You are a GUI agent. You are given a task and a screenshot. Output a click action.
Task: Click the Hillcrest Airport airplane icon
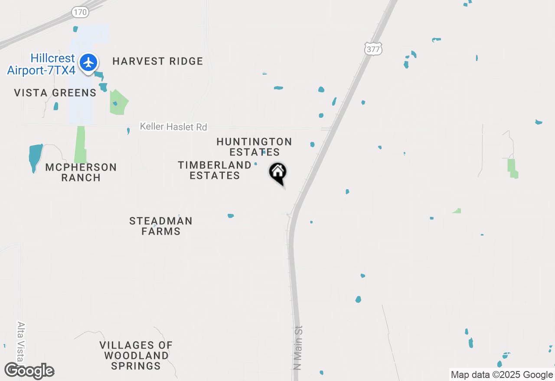click(x=89, y=62)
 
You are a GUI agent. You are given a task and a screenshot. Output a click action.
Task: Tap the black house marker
click(x=278, y=173)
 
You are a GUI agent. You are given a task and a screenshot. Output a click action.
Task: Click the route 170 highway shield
click(x=80, y=12)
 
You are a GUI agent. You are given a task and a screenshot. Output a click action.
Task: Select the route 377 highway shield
click(x=373, y=49)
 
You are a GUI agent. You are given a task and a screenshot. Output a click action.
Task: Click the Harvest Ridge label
click(x=158, y=61)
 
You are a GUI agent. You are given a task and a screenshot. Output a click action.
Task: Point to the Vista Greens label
click(x=55, y=93)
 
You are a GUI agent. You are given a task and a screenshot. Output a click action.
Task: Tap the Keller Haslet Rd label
click(x=173, y=127)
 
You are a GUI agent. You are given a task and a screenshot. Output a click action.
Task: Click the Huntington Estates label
click(x=254, y=147)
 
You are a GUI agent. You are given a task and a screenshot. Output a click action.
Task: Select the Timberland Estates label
click(x=215, y=170)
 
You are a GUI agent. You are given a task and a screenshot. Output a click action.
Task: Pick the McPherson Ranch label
click(x=81, y=172)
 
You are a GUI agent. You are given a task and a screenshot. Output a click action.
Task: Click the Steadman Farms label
click(x=161, y=226)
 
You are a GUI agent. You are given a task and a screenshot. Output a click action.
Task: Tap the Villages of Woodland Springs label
click(x=136, y=355)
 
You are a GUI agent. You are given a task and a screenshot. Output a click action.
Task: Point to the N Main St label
click(x=297, y=348)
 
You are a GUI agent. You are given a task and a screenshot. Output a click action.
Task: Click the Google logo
click(x=29, y=371)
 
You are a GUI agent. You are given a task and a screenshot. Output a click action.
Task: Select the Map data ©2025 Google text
click(x=502, y=375)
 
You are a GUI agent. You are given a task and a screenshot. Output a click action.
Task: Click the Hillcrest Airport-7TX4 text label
click(x=41, y=65)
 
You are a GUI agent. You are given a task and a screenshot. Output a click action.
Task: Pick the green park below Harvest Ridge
click(x=119, y=103)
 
